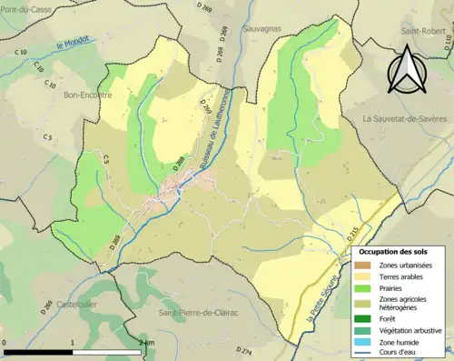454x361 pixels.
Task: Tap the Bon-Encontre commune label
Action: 64,94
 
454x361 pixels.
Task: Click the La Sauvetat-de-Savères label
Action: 405,118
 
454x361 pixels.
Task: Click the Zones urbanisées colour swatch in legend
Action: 360,264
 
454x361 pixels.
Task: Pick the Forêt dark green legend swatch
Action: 360,317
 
